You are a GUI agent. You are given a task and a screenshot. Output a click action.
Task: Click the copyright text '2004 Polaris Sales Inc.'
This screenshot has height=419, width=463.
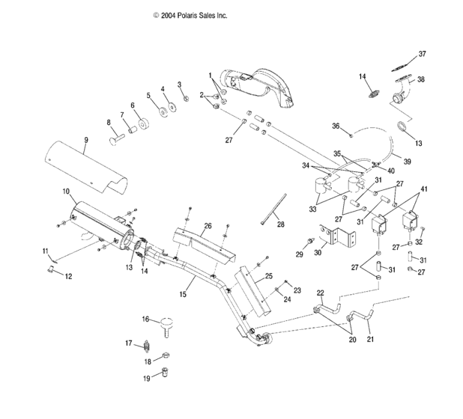(190, 15)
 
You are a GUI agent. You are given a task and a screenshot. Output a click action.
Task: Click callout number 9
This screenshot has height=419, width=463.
(86, 141)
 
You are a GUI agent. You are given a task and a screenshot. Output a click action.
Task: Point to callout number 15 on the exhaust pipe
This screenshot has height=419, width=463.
(183, 295)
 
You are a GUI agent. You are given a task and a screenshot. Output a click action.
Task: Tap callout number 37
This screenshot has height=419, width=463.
(422, 54)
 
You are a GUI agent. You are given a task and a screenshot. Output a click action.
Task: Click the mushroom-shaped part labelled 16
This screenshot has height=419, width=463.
(168, 324)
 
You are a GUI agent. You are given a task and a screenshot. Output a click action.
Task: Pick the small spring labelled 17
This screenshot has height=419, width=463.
(148, 346)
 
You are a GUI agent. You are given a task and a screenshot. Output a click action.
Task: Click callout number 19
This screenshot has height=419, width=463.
(147, 379)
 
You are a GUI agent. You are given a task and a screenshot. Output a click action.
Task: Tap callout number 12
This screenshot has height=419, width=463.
(68, 276)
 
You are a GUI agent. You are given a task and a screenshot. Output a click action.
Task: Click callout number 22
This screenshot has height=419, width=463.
(320, 292)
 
